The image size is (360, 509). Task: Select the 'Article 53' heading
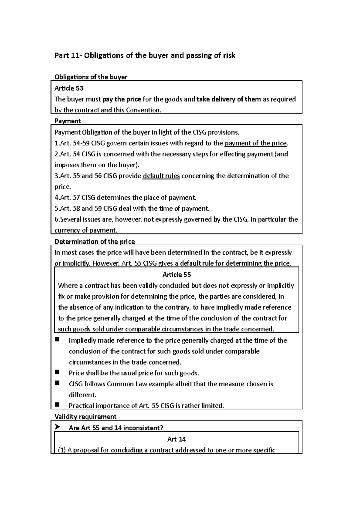coord(69,88)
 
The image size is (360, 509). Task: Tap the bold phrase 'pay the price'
coord(121,99)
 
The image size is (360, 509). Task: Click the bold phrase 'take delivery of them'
coord(228,99)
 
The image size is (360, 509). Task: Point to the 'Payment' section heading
coord(67,121)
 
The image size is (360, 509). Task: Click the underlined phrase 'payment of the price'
coord(256,143)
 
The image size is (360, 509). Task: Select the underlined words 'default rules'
coord(161,176)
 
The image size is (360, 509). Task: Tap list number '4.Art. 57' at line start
coord(67,198)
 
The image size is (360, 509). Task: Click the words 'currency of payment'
coord(85,231)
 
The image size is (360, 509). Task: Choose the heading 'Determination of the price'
coord(94,242)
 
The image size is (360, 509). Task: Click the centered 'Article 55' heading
coord(176,275)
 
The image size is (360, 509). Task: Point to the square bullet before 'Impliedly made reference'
coord(57,340)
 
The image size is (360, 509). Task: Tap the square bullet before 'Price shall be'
coord(57,372)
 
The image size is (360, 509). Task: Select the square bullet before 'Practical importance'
coord(57,405)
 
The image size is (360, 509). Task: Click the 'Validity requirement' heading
coord(85,417)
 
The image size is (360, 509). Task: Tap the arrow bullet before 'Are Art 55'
coord(58,427)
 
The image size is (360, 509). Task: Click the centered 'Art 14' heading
coord(176,439)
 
